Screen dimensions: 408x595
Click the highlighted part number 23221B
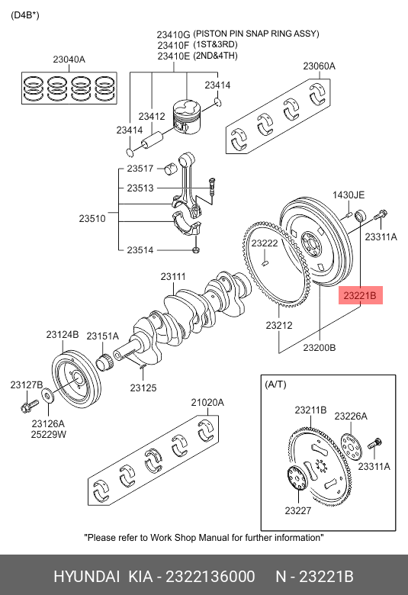pyautogui.click(x=360, y=295)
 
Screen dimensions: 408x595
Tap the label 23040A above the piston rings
pyautogui.click(x=69, y=59)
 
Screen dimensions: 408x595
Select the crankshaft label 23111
pyautogui.click(x=173, y=277)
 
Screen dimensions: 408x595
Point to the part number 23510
pyautogui.click(x=92, y=219)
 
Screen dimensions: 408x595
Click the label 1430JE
pyautogui.click(x=349, y=195)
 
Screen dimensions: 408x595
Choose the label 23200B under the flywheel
pyautogui.click(x=320, y=348)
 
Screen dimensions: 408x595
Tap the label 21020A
pyautogui.click(x=207, y=402)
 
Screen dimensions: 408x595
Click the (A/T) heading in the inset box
pyautogui.click(x=275, y=384)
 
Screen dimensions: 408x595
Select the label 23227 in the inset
pyautogui.click(x=298, y=511)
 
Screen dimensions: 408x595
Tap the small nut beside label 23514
pyautogui.click(x=196, y=250)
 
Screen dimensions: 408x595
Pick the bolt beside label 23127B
pyautogui.click(x=30, y=405)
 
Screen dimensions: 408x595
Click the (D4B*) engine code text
pyautogui.click(x=25, y=15)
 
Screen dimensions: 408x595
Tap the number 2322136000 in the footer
pyautogui.click(x=210, y=576)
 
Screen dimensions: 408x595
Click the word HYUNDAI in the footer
pyautogui.click(x=86, y=576)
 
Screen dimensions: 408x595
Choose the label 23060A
pyautogui.click(x=320, y=66)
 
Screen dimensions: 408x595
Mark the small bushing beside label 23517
pyautogui.click(x=171, y=169)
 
